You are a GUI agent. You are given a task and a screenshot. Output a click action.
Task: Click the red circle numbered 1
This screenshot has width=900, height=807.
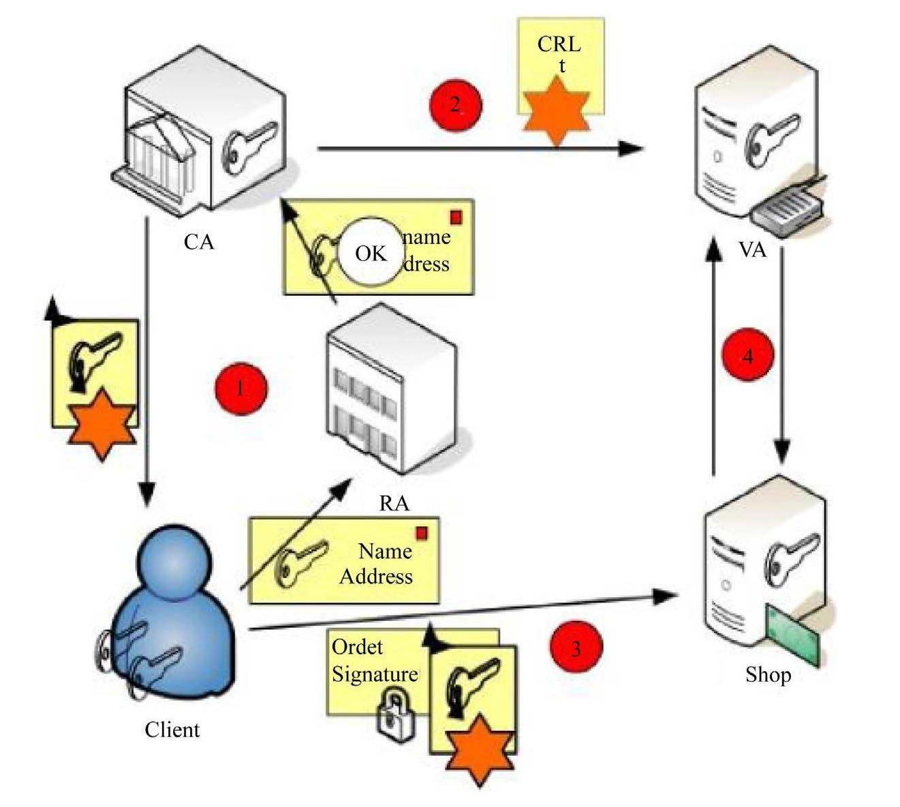pos(240,389)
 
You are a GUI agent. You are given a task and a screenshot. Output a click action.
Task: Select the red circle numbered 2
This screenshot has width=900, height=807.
pos(455,105)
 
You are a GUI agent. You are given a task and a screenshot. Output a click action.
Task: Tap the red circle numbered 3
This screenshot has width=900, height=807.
pos(576,647)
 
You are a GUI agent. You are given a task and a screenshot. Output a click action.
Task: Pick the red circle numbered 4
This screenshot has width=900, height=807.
pos(748,356)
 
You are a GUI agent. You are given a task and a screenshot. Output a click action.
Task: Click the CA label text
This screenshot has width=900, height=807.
pos(199,242)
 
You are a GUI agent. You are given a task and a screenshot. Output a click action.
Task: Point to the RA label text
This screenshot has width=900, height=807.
pos(394,504)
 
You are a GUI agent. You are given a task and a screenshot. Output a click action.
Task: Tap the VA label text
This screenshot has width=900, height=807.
pos(752,249)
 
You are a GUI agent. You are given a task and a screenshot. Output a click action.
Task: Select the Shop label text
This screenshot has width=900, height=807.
pos(768,675)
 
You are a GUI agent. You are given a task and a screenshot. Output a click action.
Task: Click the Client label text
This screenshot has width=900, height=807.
pos(172,730)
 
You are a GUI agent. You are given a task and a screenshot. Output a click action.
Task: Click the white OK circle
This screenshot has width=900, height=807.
pos(371,253)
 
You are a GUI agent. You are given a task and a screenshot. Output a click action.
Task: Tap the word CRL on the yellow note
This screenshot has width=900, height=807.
pos(559,44)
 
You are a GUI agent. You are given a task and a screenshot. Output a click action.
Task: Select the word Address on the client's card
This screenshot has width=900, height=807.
pos(376,577)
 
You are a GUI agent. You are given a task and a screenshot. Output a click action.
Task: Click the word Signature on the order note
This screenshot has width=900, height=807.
pos(375,674)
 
